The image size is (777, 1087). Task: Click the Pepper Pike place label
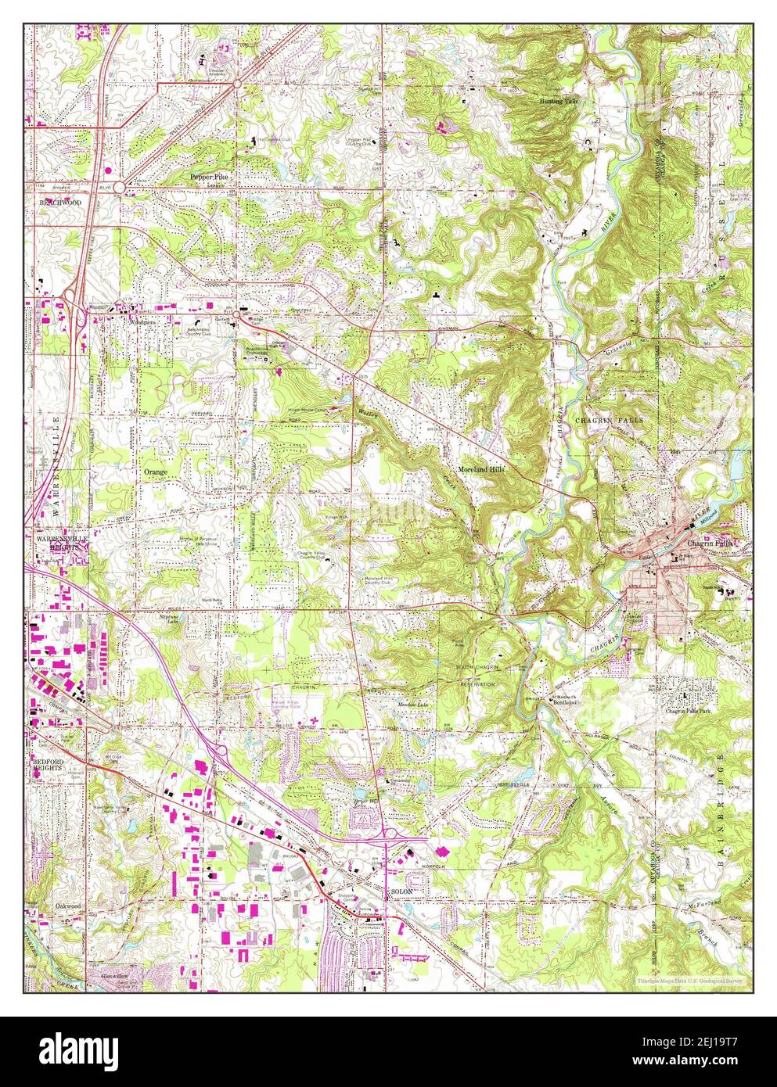click(208, 178)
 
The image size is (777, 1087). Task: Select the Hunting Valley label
click(560, 102)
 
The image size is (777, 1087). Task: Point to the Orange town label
click(155, 472)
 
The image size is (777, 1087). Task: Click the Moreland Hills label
click(481, 469)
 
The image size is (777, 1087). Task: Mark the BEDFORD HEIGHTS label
click(52, 765)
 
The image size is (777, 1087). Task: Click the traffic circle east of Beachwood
click(118, 187)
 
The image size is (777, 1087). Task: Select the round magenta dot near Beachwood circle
click(107, 169)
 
